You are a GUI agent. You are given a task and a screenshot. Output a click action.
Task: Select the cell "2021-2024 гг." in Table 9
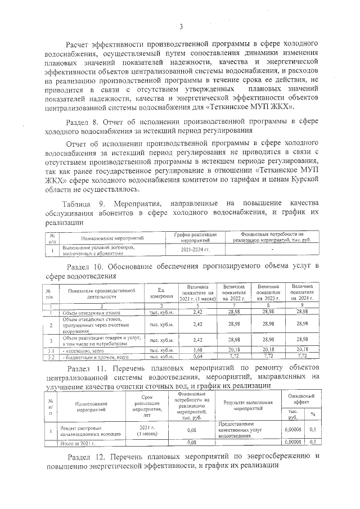[x=195, y=249]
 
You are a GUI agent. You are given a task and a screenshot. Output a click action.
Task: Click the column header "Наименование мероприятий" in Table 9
[x=110, y=238]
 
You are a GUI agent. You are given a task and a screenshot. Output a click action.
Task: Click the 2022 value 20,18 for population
[x=235, y=349]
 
